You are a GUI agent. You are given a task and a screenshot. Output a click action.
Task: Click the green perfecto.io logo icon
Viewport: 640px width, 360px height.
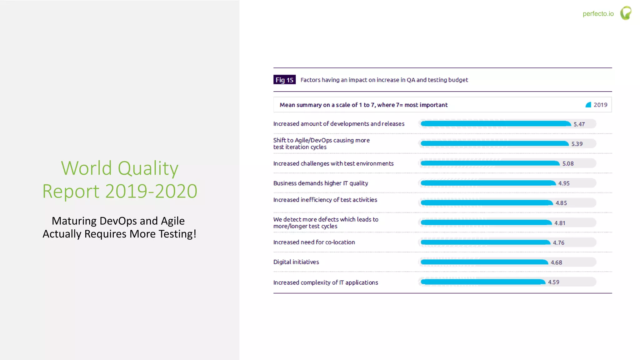[626, 13]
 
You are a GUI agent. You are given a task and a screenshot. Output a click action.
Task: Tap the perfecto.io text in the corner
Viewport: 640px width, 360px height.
[598, 14]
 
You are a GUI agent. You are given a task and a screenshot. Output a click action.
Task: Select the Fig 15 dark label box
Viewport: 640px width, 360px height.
[284, 80]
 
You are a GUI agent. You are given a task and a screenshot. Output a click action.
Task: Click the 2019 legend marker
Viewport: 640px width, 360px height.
[588, 105]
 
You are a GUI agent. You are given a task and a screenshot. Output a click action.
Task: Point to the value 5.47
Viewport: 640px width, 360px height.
[579, 124]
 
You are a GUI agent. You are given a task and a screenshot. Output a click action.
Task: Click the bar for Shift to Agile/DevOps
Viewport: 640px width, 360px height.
[494, 143]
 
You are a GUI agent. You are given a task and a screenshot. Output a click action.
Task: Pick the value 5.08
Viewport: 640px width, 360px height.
[568, 164]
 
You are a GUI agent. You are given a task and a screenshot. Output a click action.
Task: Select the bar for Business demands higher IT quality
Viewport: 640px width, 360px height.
[488, 183]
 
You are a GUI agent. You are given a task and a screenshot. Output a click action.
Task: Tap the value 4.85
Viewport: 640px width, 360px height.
[561, 203]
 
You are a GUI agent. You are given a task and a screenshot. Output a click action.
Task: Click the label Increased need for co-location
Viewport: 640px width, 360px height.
[314, 242]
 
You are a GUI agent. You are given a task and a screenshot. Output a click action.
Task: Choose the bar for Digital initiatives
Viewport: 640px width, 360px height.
[484, 262]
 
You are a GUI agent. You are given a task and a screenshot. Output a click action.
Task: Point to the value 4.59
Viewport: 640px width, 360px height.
[553, 282]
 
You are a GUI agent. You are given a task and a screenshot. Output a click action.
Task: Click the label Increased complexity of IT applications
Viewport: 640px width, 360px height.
[325, 282]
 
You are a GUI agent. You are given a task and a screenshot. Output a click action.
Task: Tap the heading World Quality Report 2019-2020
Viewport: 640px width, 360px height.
[120, 179]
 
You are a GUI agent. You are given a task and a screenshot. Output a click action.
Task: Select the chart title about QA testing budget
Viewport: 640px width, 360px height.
[384, 80]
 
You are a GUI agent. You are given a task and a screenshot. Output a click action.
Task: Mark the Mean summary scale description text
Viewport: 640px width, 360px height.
[363, 105]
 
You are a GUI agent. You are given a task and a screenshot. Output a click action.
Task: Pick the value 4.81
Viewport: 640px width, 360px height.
[560, 223]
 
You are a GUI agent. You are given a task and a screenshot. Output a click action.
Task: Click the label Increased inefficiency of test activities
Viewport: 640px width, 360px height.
[325, 200]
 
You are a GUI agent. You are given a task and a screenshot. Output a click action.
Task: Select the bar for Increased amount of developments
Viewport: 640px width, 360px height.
[496, 124]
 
